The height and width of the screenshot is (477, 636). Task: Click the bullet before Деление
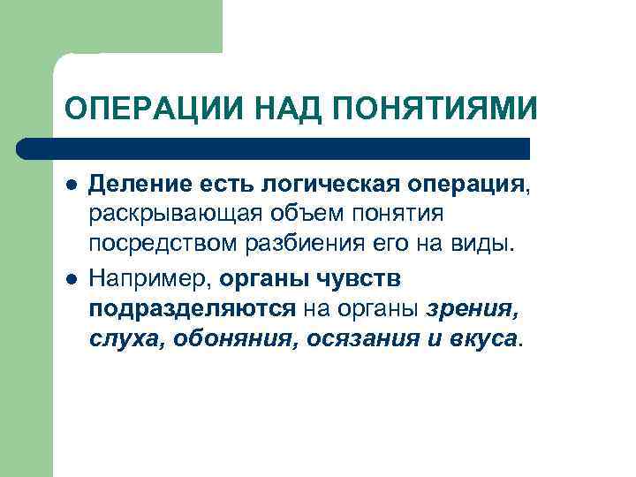point(70,185)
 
